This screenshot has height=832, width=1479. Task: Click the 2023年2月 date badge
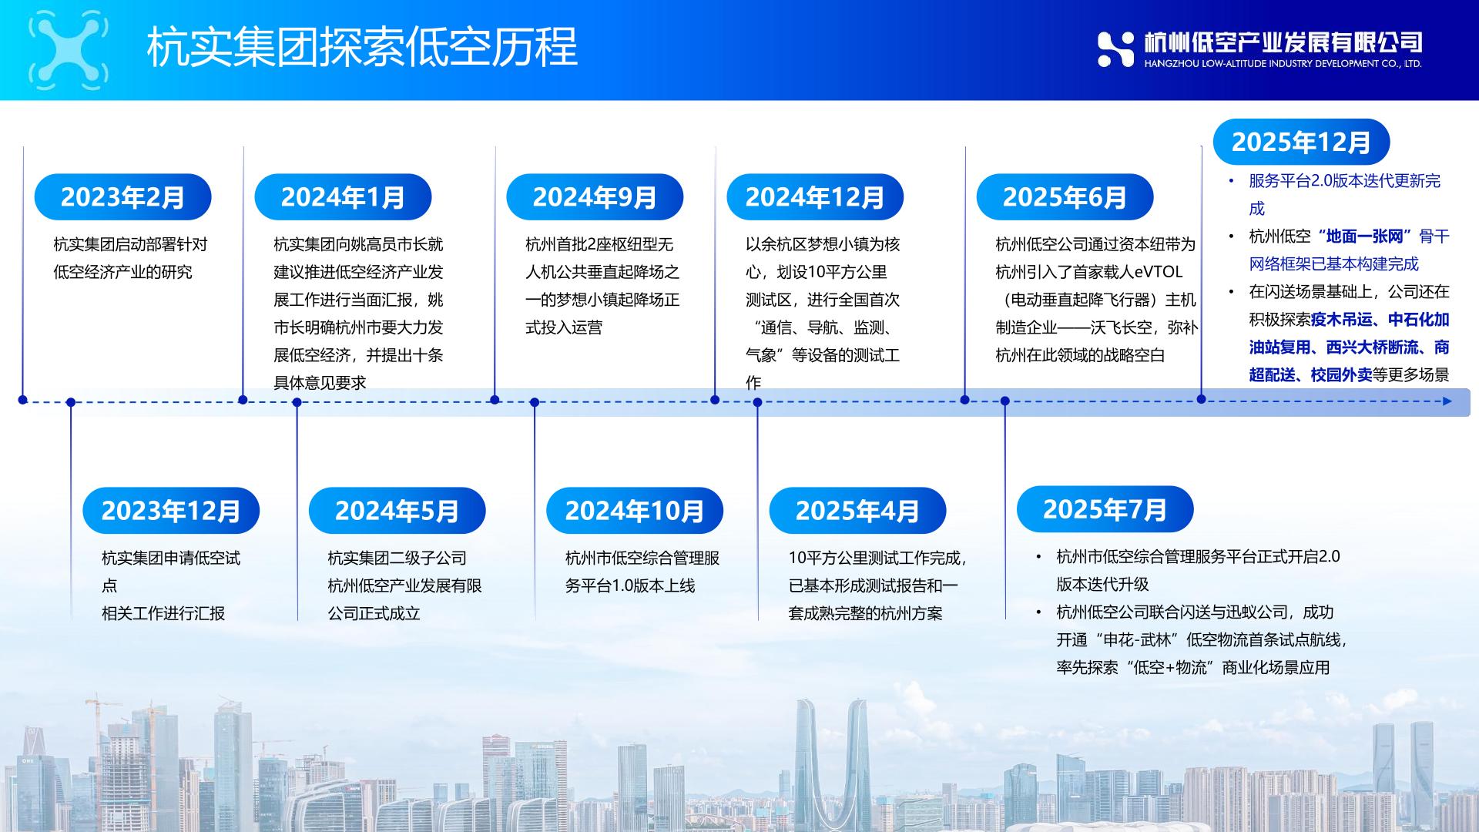pyautogui.click(x=122, y=196)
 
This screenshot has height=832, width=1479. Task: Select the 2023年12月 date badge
pyautogui.click(x=171, y=510)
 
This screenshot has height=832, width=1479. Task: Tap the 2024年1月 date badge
pyautogui.click(x=343, y=196)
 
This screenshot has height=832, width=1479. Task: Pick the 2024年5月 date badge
pyautogui.click(x=397, y=510)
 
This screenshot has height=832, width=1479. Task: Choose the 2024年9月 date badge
pyautogui.click(x=595, y=196)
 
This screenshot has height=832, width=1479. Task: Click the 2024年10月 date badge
pyautogui.click(x=635, y=510)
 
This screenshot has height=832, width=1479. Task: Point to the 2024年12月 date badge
pyautogui.click(x=815, y=196)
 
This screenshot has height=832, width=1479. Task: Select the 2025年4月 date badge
pyautogui.click(x=857, y=510)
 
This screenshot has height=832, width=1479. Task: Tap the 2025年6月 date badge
pyautogui.click(x=1065, y=196)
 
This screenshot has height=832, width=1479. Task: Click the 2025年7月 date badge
pyautogui.click(x=1105, y=508)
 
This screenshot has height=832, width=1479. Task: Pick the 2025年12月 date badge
pyautogui.click(x=1301, y=142)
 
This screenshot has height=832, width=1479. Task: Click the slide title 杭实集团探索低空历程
pyautogui.click(x=362, y=47)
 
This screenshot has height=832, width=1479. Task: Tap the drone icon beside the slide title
pyautogui.click(x=68, y=49)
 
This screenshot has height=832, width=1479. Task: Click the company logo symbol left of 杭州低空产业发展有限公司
pyautogui.click(x=1115, y=49)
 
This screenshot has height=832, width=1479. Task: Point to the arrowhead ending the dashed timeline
pyautogui.click(x=1447, y=401)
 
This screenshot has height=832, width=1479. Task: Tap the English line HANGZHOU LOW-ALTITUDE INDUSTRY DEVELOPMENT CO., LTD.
pyautogui.click(x=1283, y=64)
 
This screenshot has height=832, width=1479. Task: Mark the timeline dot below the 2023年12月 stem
pyautogui.click(x=71, y=402)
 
